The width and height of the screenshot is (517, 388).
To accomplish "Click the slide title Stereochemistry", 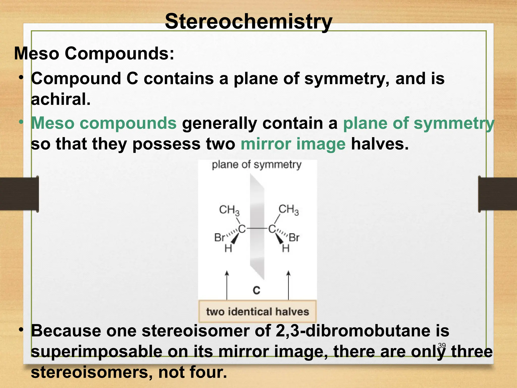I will pyautogui.click(x=248, y=22).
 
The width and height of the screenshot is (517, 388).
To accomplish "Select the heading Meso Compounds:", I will pyautogui.click(x=94, y=54).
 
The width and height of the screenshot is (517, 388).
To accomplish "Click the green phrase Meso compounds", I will pyautogui.click(x=104, y=123).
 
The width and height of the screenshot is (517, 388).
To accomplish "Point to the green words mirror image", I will pyautogui.click(x=293, y=144).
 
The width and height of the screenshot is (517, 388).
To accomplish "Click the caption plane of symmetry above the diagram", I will pyautogui.click(x=256, y=165).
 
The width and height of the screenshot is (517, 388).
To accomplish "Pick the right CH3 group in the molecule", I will pyautogui.click(x=288, y=210).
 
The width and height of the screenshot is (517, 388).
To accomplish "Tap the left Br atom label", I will pyautogui.click(x=219, y=238).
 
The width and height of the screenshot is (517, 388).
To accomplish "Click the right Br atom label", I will pyautogui.click(x=294, y=238).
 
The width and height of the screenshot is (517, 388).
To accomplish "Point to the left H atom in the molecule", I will pyautogui.click(x=228, y=249).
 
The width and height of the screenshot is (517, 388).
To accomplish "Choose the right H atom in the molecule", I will pyautogui.click(x=286, y=249).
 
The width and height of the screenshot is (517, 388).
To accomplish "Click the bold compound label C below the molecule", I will pyautogui.click(x=256, y=290).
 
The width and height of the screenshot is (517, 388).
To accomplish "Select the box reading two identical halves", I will pyautogui.click(x=257, y=311).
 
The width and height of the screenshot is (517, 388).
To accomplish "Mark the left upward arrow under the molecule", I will pyautogui.click(x=227, y=285).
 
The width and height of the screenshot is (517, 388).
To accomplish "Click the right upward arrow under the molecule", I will pyautogui.click(x=288, y=285).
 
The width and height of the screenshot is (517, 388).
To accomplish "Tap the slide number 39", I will pyautogui.click(x=442, y=346).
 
